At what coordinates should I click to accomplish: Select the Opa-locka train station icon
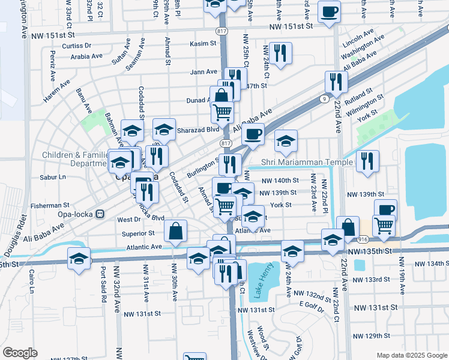100,213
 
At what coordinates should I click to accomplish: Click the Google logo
20,353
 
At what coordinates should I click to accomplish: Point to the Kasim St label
203,44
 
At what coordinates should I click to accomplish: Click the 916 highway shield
363,239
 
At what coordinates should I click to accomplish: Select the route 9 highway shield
324,98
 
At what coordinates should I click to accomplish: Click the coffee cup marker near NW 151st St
330,12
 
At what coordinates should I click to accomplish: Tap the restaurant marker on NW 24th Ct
280,53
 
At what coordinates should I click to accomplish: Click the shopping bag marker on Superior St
175,231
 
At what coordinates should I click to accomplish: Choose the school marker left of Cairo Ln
79,260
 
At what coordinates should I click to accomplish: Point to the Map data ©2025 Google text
411,355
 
